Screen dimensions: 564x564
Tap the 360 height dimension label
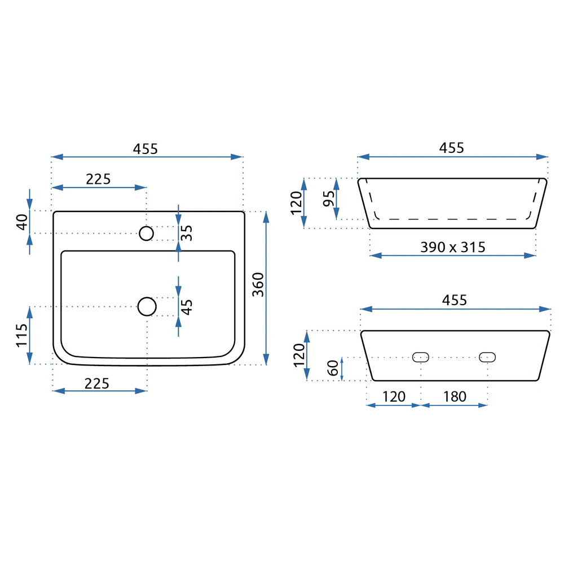(x=258, y=284)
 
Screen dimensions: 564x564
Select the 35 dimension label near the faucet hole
(x=187, y=233)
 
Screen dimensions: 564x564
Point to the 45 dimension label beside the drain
(x=187, y=307)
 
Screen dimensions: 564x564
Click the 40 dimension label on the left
(x=23, y=222)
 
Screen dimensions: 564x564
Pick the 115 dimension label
(x=22, y=335)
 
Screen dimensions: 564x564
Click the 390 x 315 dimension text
(x=453, y=247)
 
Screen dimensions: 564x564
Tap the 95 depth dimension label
(x=329, y=199)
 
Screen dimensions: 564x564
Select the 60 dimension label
(x=333, y=368)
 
